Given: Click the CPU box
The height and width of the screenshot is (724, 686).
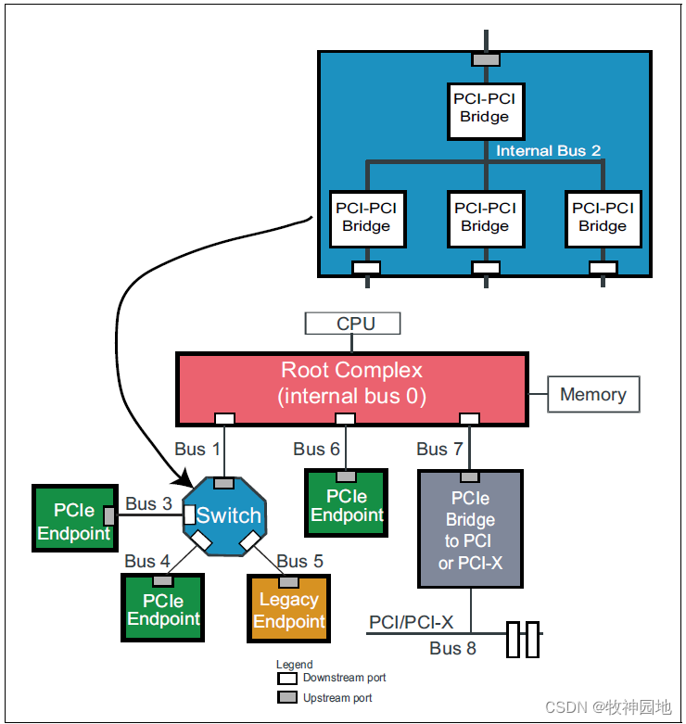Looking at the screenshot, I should coord(353,324).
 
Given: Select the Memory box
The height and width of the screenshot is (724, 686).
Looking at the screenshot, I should coord(592,394).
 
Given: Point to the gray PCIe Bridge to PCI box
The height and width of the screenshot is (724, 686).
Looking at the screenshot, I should coord(470,529).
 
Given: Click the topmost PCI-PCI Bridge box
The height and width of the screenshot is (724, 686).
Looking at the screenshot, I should coord(485,108).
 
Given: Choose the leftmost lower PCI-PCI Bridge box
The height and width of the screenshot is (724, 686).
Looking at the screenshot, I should coord(367,218).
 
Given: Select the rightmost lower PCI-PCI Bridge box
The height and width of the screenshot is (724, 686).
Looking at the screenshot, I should coord(603,218).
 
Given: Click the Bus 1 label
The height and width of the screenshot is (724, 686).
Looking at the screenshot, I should coord(197,449).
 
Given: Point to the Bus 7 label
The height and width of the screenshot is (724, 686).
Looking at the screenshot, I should coord(439,449).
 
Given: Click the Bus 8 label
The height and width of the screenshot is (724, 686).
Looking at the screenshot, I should coord(452,648).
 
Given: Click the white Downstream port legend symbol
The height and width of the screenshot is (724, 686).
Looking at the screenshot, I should coord(288,679).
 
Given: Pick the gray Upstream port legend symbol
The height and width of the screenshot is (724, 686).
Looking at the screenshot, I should coord(288,698).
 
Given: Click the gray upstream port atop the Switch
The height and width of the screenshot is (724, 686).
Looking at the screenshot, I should coord(223,483).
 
